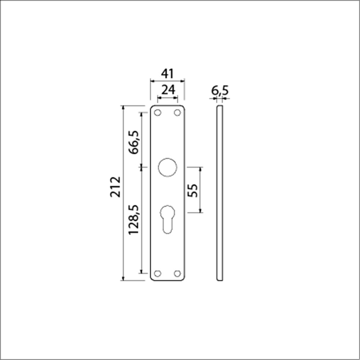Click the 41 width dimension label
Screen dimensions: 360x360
pos(168,74)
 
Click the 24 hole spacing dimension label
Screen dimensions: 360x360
pos(168,90)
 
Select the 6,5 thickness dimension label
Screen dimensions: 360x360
pos(220,91)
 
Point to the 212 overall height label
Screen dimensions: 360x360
pos(115,186)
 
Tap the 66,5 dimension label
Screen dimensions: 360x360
pos(134,142)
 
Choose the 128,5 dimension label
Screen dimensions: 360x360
pos(134,220)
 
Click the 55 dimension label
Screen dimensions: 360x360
pos(192,190)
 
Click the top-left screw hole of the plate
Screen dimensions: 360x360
pos(158,113)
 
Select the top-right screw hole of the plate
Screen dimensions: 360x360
pos(177,113)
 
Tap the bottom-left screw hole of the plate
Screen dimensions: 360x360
pos(158,274)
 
